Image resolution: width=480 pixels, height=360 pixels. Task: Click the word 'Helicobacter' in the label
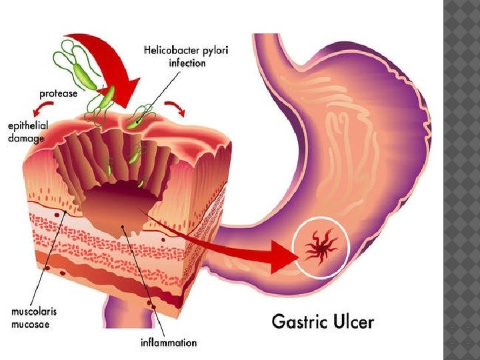pos(170,49)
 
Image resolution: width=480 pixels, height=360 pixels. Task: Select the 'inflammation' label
pos(169,343)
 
